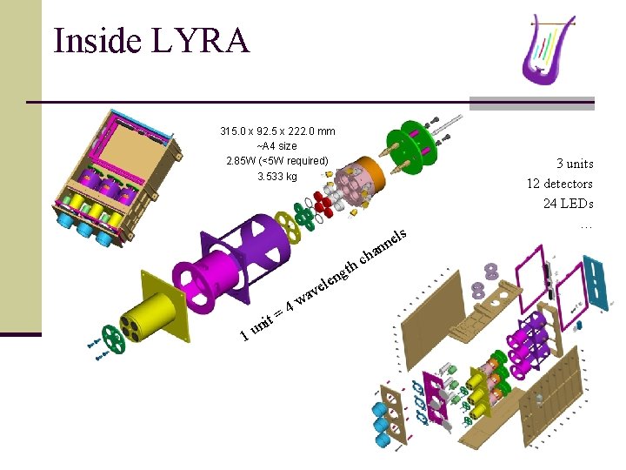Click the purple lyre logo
pos(549,48)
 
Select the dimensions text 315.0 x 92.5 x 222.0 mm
pos(277,131)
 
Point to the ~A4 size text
pos(277,146)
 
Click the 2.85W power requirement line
pos(277,161)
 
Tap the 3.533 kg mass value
pos(277,176)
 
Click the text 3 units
pos(575,163)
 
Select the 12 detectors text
pos(559,184)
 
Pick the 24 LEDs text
pos(568,205)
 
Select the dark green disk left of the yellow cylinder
pos(112,339)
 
